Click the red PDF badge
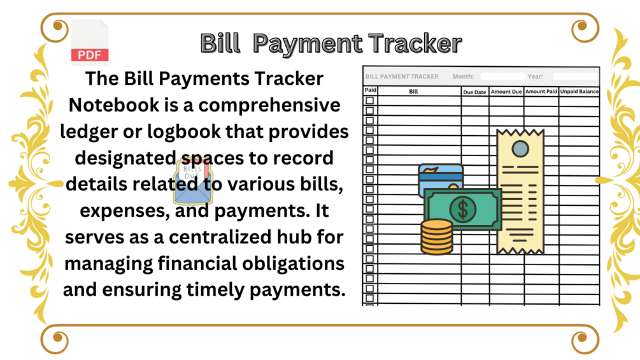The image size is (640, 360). (90, 55)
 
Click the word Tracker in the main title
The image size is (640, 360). (415, 43)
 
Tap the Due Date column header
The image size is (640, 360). (474, 92)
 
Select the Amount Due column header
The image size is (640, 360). (506, 92)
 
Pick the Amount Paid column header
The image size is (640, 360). (541, 91)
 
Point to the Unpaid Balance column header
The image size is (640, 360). (579, 91)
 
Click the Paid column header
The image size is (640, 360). (370, 90)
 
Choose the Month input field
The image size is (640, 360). (503, 76)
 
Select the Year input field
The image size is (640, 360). (576, 76)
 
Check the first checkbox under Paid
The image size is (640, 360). (370, 101)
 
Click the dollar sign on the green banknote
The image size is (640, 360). (462, 210)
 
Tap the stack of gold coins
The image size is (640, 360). (437, 237)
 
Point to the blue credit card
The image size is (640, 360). (441, 178)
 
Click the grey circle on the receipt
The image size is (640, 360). (520, 149)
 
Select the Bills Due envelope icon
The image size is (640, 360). (193, 182)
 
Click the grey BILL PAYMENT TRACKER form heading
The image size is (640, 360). (402, 76)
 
